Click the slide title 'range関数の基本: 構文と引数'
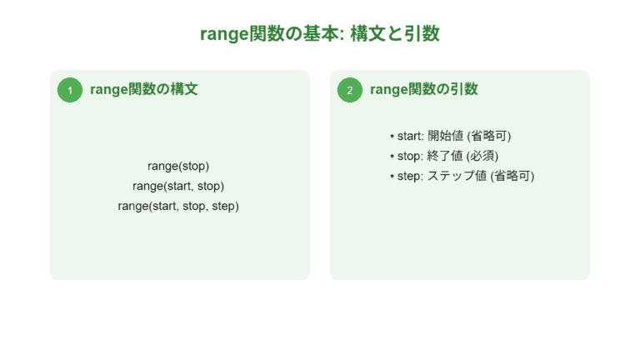point(320,34)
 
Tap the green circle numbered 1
point(70,90)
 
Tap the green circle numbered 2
point(350,90)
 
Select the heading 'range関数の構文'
point(143,90)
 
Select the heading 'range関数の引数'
point(423,90)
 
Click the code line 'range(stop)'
point(178,166)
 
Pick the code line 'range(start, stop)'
point(178,186)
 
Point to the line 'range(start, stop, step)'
point(178,206)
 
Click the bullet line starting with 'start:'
point(450,136)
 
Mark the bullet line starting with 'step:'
point(462,176)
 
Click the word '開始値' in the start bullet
point(445,136)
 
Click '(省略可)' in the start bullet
point(489,136)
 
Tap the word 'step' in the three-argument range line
point(224,206)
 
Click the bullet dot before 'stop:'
point(392,156)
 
